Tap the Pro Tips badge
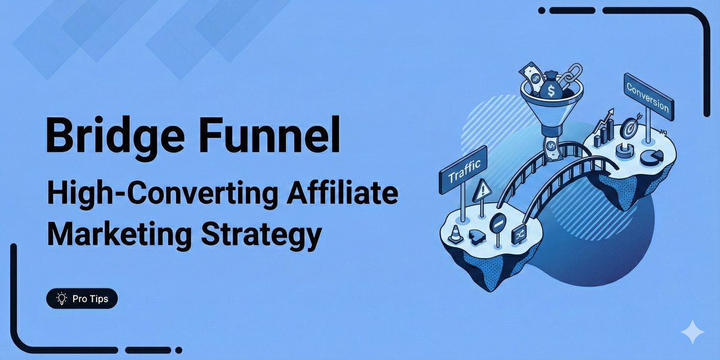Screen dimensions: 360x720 (x=82, y=299)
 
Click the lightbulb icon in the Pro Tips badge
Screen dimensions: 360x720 (x=61, y=299)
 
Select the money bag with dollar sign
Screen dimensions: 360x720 (x=551, y=86)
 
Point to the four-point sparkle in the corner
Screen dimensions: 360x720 (x=692, y=332)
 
